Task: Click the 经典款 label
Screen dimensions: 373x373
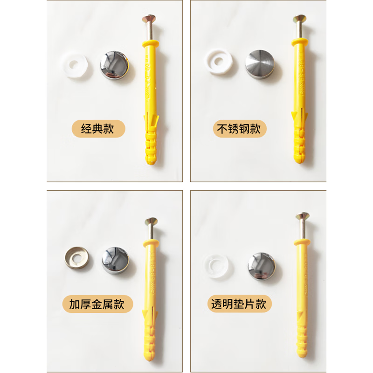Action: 97,129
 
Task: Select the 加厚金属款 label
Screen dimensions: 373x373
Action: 97,305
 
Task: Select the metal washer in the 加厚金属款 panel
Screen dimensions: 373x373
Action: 76,258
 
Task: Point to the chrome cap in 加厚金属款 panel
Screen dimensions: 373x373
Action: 115,258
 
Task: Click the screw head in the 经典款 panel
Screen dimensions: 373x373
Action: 147,19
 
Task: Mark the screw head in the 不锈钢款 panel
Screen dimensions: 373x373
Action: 298,19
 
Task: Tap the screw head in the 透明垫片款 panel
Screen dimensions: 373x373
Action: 300,217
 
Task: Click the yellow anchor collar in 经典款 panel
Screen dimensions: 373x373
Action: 149,43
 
